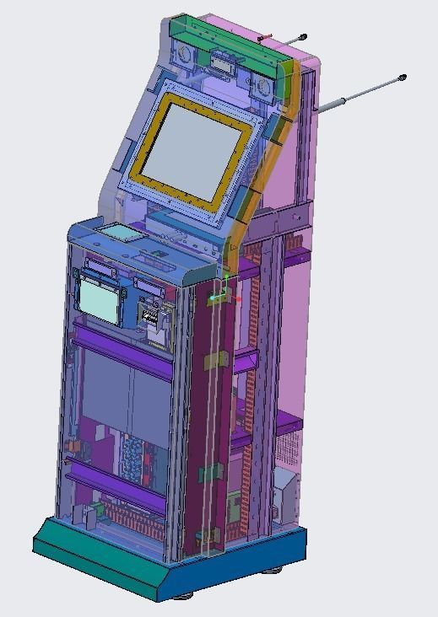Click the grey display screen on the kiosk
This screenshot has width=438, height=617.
[x=197, y=151]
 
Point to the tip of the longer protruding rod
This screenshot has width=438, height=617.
[x=402, y=78]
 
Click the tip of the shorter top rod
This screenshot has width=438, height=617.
[x=302, y=37]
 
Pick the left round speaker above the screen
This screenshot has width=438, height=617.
[x=184, y=56]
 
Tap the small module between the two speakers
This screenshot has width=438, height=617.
[x=223, y=62]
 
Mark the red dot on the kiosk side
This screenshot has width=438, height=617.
[x=239, y=298]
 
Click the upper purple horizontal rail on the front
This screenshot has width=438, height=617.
[x=122, y=336]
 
